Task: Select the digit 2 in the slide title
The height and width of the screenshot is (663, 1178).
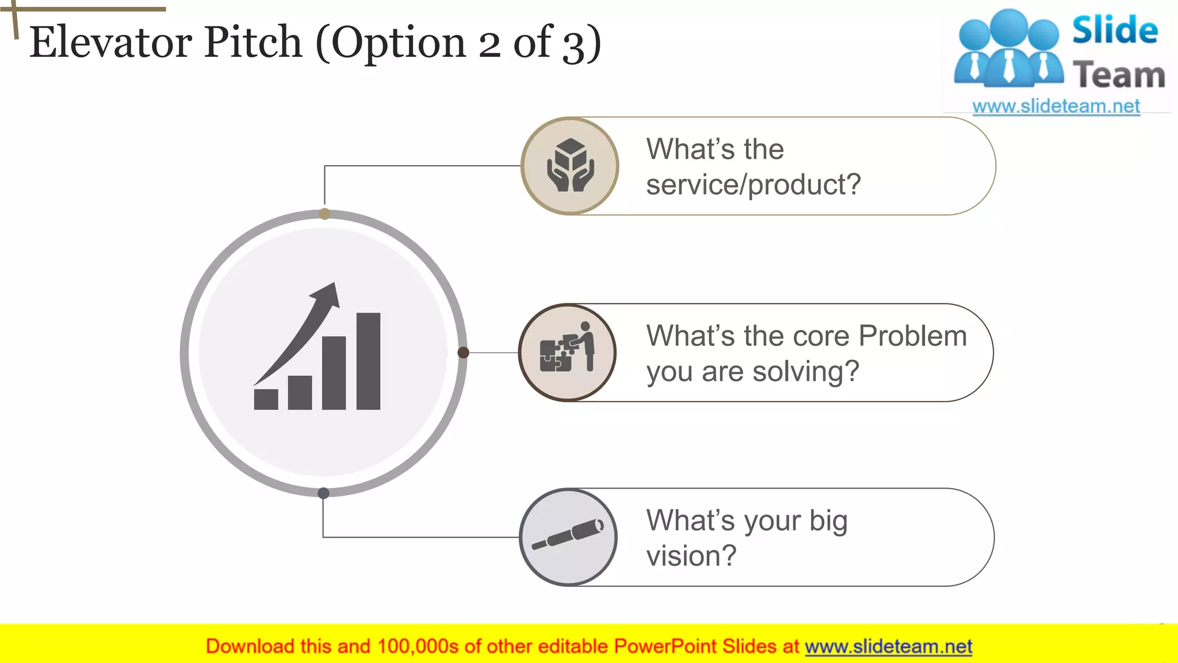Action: pos(489,44)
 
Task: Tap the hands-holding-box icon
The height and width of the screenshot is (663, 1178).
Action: pos(569,166)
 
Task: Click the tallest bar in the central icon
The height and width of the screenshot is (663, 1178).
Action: pos(368,361)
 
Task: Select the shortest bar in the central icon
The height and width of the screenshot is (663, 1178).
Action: pos(266,399)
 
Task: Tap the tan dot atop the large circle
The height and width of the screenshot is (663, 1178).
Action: pos(324,214)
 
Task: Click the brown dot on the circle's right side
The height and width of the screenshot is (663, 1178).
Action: pos(463,353)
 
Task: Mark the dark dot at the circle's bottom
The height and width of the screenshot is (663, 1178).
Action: pos(323,493)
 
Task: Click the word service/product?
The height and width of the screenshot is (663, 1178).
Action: pos(754,185)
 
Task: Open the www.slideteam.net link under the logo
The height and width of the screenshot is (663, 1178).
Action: pos(1056,106)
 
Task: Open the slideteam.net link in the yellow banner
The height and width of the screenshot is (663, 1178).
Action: pos(888,646)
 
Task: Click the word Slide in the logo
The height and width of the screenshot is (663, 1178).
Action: pos(1115,30)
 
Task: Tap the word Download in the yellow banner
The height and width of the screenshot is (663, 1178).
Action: pos(250,646)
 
